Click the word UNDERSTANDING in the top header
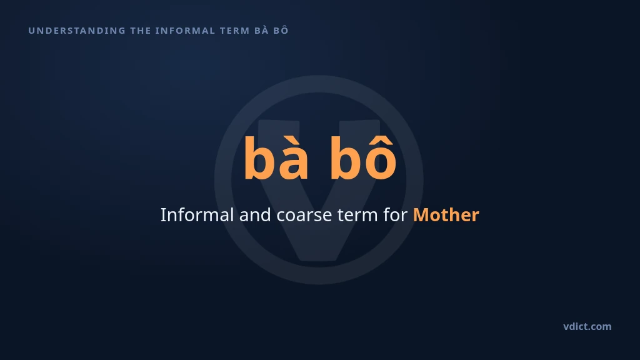pyautogui.click(x=77, y=31)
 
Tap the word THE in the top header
pyautogui.click(x=141, y=31)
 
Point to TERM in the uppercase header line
pyautogui.click(x=235, y=31)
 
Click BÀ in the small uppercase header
pyautogui.click(x=261, y=30)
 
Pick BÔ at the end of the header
pyautogui.click(x=281, y=30)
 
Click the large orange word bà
pyautogui.click(x=276, y=158)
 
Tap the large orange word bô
pyautogui.click(x=363, y=157)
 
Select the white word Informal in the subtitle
pyautogui.click(x=197, y=215)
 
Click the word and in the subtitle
pyautogui.click(x=255, y=215)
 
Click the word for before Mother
pyautogui.click(x=395, y=215)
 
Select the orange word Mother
pyautogui.click(x=446, y=215)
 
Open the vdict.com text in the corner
pyautogui.click(x=587, y=326)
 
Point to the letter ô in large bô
pyautogui.click(x=380, y=157)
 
